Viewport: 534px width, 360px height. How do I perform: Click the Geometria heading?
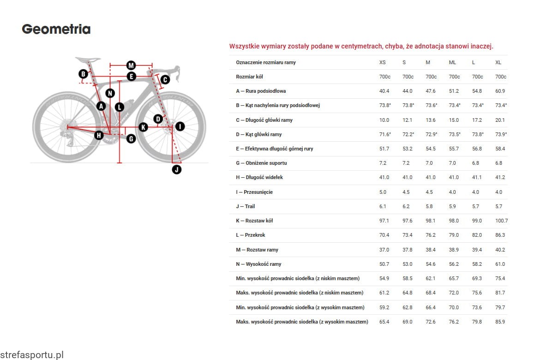(x=56, y=30)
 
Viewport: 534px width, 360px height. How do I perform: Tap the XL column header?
(x=498, y=62)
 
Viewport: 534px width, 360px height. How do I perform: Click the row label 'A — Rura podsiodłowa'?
(x=261, y=91)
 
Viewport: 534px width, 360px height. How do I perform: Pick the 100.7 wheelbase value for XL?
(x=501, y=221)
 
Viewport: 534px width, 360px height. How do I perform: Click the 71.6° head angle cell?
(x=385, y=134)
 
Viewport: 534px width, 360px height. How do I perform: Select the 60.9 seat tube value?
(x=500, y=91)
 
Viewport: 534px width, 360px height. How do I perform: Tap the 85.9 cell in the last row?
(x=500, y=322)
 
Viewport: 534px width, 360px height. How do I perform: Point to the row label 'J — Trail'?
(x=246, y=206)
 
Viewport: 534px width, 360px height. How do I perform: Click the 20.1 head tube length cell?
(x=500, y=120)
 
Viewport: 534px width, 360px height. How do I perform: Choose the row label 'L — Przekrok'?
(x=251, y=235)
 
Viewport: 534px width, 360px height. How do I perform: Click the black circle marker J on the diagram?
(x=177, y=169)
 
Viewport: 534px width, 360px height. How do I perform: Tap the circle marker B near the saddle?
(x=83, y=74)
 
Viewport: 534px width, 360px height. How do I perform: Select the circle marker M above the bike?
(x=131, y=65)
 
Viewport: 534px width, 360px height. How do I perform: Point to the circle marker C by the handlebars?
(x=165, y=79)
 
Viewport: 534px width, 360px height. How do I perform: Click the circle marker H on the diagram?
(x=99, y=135)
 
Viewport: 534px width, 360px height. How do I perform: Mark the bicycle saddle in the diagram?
(x=88, y=59)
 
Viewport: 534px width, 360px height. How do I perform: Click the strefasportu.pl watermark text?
(x=32, y=355)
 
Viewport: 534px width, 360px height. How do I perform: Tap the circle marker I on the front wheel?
(x=180, y=126)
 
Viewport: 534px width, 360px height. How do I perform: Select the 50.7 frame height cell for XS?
(x=384, y=264)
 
